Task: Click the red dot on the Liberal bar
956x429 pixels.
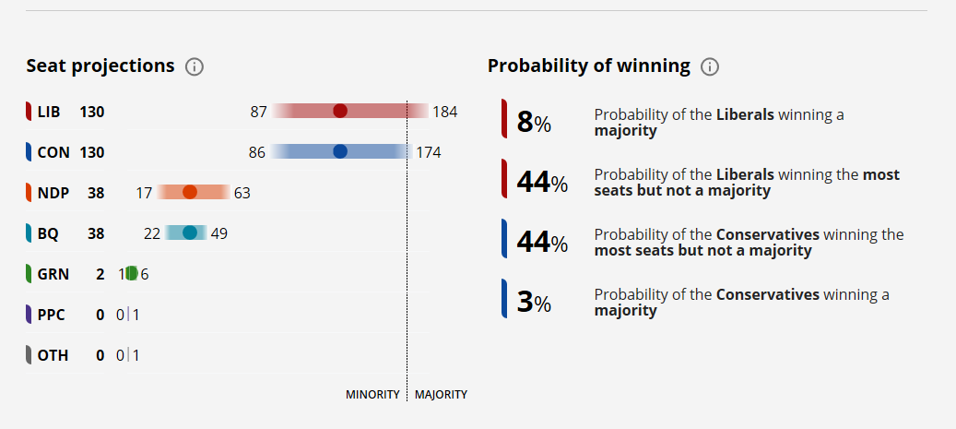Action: click(340, 112)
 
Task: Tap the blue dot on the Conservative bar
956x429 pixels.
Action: click(340, 152)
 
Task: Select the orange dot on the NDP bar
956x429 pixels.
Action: click(190, 192)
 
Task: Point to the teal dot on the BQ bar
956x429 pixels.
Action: click(190, 232)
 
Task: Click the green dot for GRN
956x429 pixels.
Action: click(132, 273)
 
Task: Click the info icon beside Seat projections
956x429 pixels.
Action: click(195, 66)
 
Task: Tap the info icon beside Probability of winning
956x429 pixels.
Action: click(710, 66)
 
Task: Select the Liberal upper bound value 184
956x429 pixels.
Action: click(445, 113)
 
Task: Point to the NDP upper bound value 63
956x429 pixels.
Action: click(242, 193)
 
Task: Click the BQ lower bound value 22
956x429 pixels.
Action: click(152, 233)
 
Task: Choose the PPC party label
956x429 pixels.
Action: click(52, 315)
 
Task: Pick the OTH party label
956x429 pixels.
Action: click(53, 355)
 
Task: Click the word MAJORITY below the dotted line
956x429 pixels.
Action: click(441, 395)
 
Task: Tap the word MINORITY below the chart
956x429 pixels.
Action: click(372, 395)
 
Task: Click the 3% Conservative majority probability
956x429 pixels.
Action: click(534, 302)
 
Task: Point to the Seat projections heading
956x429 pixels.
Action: click(100, 66)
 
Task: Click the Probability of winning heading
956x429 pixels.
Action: click(589, 66)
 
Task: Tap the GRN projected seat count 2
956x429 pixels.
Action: click(100, 274)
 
